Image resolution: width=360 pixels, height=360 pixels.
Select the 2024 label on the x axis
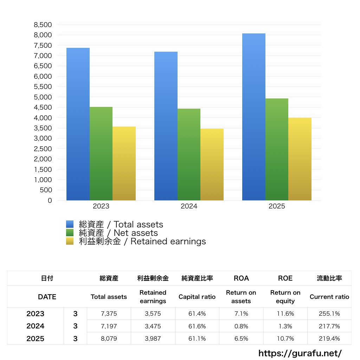[189, 206]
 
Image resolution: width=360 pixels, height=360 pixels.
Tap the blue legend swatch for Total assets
[70, 224]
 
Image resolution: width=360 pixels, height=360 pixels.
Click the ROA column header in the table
[241, 278]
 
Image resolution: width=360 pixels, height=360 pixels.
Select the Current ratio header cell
[329, 297]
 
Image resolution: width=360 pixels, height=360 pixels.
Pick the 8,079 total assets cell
[109, 339]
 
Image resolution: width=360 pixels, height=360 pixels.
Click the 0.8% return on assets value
[241, 326]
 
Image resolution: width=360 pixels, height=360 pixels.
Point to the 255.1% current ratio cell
[329, 314]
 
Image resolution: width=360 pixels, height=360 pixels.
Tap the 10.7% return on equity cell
[285, 339]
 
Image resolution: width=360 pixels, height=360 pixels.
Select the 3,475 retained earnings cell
[153, 326]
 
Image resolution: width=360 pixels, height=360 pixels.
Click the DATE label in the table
[47, 297]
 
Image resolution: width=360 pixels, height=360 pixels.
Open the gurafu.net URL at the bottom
[300, 353]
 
